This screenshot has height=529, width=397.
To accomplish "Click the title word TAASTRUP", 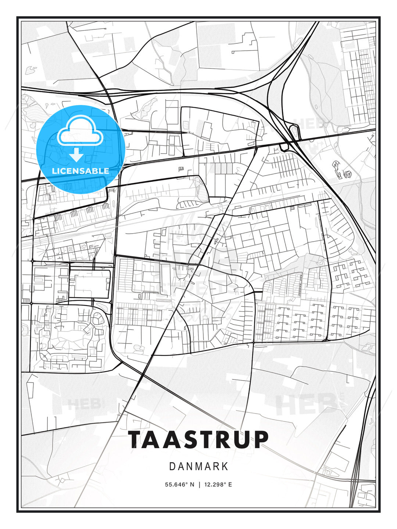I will [x=198, y=440].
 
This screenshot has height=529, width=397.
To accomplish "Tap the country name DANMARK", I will [x=198, y=467].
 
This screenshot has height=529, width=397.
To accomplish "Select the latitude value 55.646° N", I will [x=179, y=485].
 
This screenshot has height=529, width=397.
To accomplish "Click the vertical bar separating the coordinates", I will [x=198, y=485].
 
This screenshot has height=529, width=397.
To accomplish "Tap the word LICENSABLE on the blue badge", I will [x=81, y=171].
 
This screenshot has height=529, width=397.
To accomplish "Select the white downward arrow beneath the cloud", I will [x=76, y=155].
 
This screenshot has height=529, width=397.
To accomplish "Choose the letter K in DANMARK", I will [x=225, y=467].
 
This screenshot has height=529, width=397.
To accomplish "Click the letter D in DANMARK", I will [x=172, y=467].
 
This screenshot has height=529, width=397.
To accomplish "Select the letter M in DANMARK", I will [x=198, y=467].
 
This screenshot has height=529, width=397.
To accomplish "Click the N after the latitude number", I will [x=192, y=485].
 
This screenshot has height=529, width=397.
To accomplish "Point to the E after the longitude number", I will [x=230, y=485].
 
